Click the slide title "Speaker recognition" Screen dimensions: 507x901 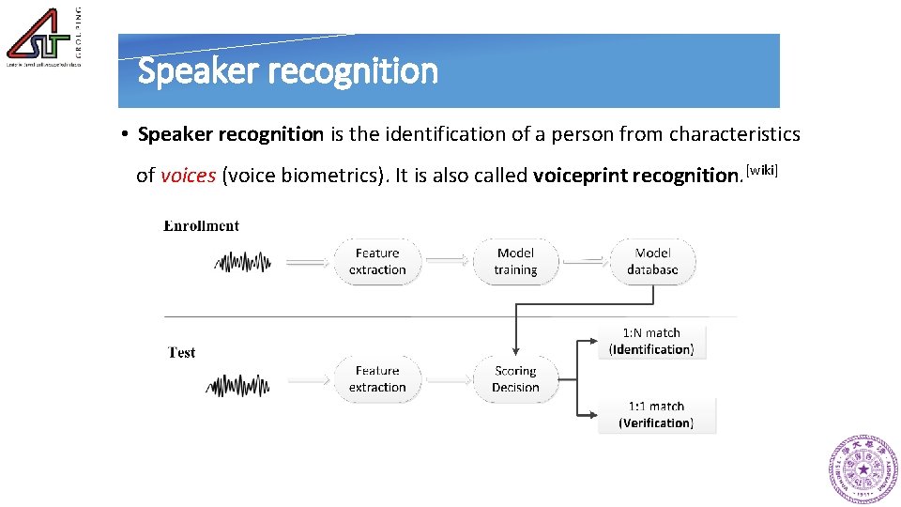(287, 71)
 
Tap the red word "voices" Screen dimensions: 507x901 (188, 176)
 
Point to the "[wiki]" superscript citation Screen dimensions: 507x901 (762, 169)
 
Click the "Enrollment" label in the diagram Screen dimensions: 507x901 (202, 225)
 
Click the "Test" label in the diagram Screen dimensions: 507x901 (182, 353)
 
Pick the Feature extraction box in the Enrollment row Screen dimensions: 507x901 (377, 261)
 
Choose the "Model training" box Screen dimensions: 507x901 (515, 261)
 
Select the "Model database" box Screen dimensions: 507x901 (652, 261)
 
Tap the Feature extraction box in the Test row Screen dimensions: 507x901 (377, 379)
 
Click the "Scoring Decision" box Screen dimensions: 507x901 (515, 379)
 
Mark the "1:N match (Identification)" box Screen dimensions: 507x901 (651, 341)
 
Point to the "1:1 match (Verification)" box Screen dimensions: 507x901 (656, 415)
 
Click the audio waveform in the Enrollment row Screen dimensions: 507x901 (243, 262)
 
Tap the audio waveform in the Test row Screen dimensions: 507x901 (238, 384)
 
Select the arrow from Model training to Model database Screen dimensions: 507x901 (584, 262)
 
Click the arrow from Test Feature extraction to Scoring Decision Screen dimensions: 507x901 (447, 380)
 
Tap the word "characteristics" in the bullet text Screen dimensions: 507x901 (735, 134)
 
